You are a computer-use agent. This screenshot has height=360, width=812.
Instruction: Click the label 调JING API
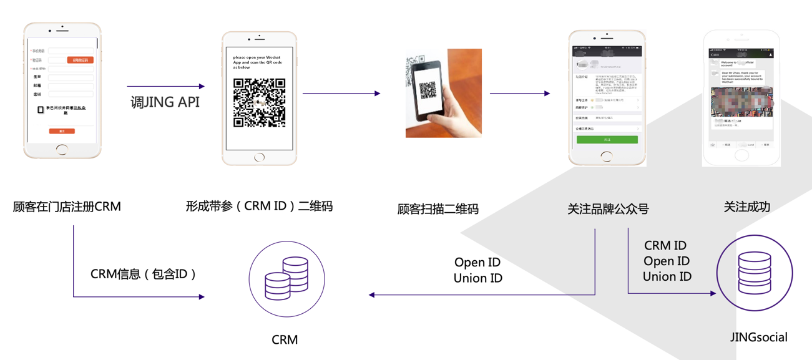(165, 102)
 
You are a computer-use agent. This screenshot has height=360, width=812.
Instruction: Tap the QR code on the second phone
(259, 103)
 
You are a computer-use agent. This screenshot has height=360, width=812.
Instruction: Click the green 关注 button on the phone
(607, 140)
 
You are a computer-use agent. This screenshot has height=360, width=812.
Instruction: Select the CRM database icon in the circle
(286, 279)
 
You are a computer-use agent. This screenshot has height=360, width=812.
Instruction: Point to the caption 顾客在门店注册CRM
(67, 207)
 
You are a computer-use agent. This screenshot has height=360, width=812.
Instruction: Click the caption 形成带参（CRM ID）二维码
(259, 206)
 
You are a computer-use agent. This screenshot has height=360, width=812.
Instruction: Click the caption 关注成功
(746, 207)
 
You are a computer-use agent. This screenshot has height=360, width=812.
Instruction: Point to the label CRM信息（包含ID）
(144, 273)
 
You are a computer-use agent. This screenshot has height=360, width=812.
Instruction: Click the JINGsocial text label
(758, 338)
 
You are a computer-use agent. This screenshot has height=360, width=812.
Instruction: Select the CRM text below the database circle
(285, 340)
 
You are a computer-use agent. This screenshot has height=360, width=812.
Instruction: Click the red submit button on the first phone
(62, 131)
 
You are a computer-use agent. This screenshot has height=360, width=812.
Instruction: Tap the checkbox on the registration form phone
(41, 110)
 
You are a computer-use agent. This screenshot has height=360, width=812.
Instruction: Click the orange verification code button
(81, 61)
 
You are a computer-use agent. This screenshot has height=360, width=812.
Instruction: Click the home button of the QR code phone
(259, 158)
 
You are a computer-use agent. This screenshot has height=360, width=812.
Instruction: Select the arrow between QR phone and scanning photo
(341, 94)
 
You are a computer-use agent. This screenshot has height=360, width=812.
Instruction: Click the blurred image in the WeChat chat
(741, 102)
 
